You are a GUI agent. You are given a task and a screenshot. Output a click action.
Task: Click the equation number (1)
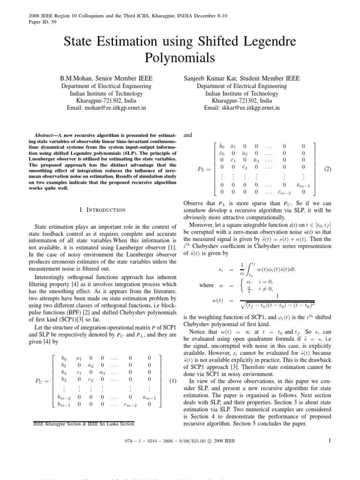(172, 368)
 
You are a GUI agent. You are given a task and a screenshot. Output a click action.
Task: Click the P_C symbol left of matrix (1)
(42, 368)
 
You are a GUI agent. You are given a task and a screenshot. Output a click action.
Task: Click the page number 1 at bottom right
(330, 440)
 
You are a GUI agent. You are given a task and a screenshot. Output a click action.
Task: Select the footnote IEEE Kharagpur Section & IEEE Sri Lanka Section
(83, 424)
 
